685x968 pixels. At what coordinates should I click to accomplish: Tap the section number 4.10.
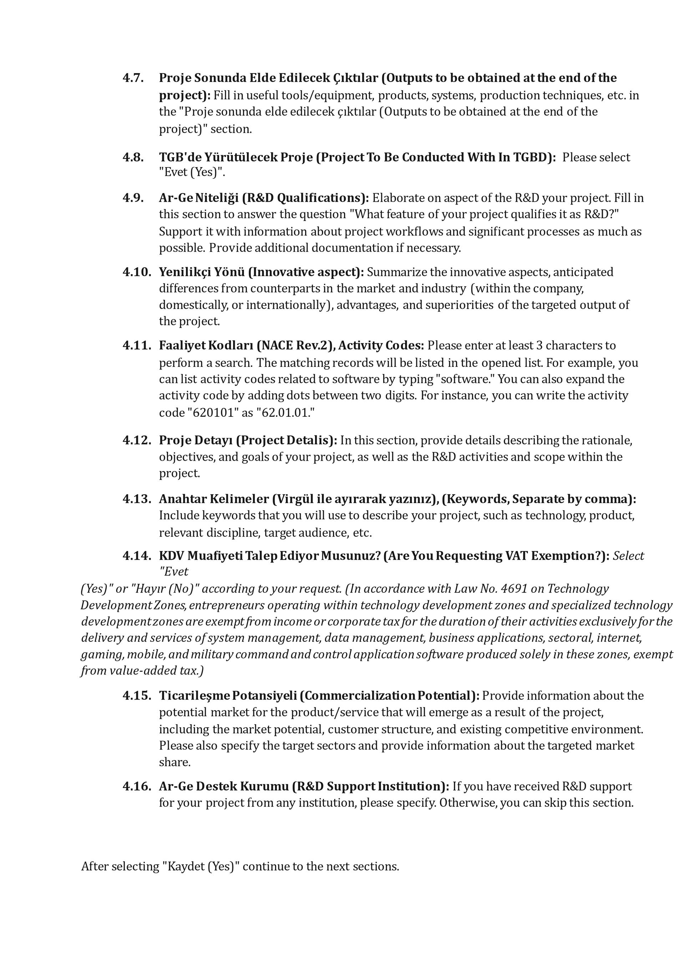pos(137,272)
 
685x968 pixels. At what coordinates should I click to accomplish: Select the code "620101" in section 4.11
pos(213,412)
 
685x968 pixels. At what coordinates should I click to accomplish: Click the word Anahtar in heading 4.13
pos(182,499)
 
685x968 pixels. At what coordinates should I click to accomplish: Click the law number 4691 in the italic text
pos(513,589)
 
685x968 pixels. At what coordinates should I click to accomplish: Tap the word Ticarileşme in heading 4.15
pos(194,696)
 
